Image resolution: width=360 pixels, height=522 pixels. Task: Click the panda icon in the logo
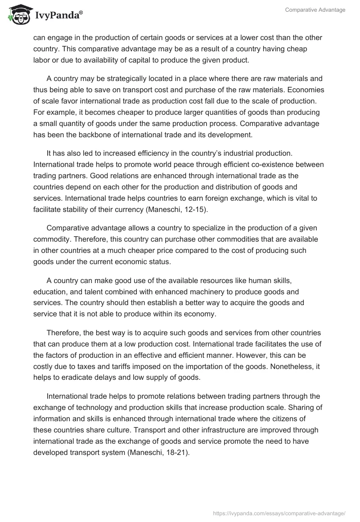[17, 15]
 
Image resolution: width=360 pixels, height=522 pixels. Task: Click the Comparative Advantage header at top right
[315, 10]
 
